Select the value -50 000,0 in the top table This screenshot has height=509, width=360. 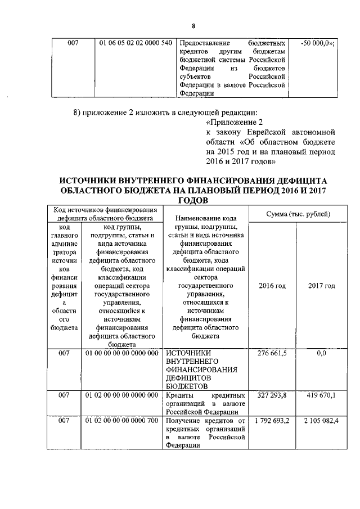pyautogui.click(x=317, y=43)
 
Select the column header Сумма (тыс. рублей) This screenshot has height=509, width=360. pyautogui.click(x=298, y=214)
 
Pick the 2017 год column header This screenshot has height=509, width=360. pyautogui.click(x=321, y=286)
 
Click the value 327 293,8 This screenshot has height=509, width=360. pyautogui.click(x=272, y=395)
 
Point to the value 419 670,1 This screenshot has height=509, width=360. pyautogui.click(x=321, y=395)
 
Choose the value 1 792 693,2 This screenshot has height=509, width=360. pyautogui.click(x=272, y=421)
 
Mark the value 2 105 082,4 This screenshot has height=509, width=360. pyautogui.click(x=321, y=421)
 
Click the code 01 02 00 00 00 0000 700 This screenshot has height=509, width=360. pyautogui.click(x=121, y=421)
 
